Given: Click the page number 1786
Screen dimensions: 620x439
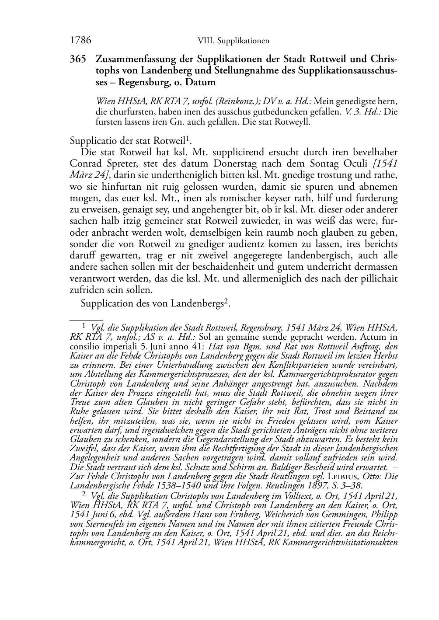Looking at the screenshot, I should click(x=80, y=41).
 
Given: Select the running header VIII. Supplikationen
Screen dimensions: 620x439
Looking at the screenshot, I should click(x=233, y=41).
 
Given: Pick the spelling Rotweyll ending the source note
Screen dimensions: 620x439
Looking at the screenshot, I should click(x=294, y=122).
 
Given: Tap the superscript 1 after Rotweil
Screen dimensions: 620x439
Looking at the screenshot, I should click(x=188, y=139).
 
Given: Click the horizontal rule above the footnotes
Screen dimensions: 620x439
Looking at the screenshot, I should click(x=86, y=320).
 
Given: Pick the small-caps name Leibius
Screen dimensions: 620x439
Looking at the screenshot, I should click(x=342, y=476).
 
